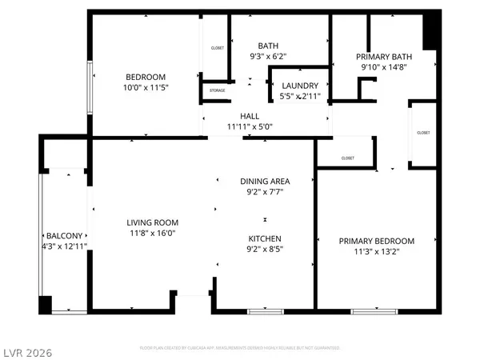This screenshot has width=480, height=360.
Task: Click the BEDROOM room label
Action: pyautogui.click(x=145, y=75)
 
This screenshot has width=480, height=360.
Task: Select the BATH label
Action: pyautogui.click(x=267, y=46)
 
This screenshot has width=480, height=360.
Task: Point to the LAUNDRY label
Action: pyautogui.click(x=300, y=85)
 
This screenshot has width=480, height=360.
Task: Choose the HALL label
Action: pyautogui.click(x=250, y=116)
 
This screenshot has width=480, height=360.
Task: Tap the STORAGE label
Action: pyautogui.click(x=217, y=90)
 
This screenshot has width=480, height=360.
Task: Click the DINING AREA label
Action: pyautogui.click(x=265, y=181)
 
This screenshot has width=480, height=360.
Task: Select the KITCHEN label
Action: pyautogui.click(x=265, y=238)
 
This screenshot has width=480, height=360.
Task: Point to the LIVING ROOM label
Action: pyautogui.click(x=152, y=222)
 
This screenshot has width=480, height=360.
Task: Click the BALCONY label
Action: pyautogui.click(x=63, y=235)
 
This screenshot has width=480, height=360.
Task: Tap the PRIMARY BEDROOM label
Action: pyautogui.click(x=376, y=242)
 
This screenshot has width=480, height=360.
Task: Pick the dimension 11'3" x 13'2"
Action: pyautogui.click(x=376, y=253)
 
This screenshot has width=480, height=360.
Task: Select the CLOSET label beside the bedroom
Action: pyautogui.click(x=217, y=48)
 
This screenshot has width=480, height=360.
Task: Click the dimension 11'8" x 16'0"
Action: pyautogui.click(x=152, y=234)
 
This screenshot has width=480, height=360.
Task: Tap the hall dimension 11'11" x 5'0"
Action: pyautogui.click(x=250, y=126)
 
